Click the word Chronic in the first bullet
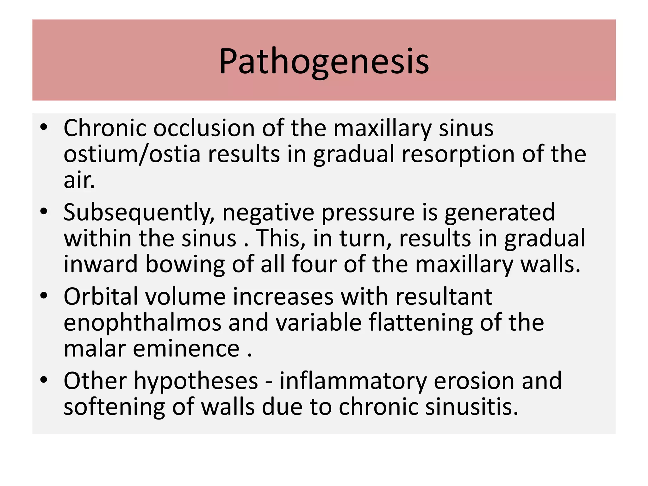[x=105, y=128]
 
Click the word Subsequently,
[x=139, y=213]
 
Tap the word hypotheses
[x=196, y=381]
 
